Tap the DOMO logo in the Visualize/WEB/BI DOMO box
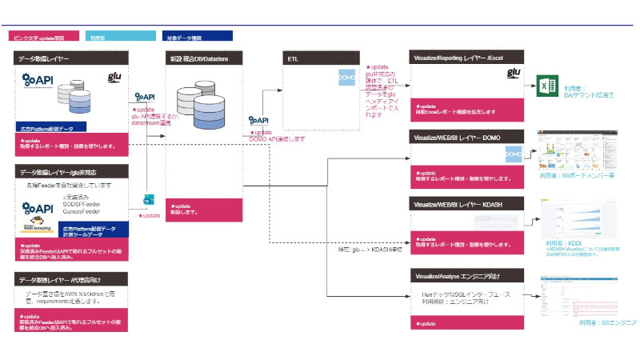point(514,153)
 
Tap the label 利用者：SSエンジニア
point(608,321)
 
